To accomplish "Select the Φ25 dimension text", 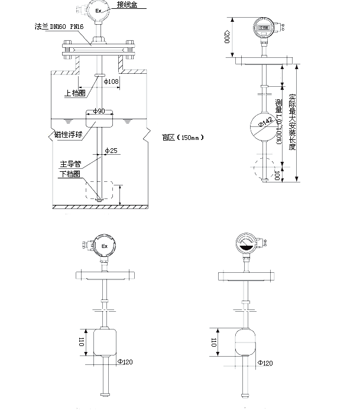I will pos(111,151).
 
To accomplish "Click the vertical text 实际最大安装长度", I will pos(292,122).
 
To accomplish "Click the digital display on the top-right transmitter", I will pos(262,27).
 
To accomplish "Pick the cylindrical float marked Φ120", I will pos(105,342).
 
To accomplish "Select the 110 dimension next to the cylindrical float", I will pos(81,341).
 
